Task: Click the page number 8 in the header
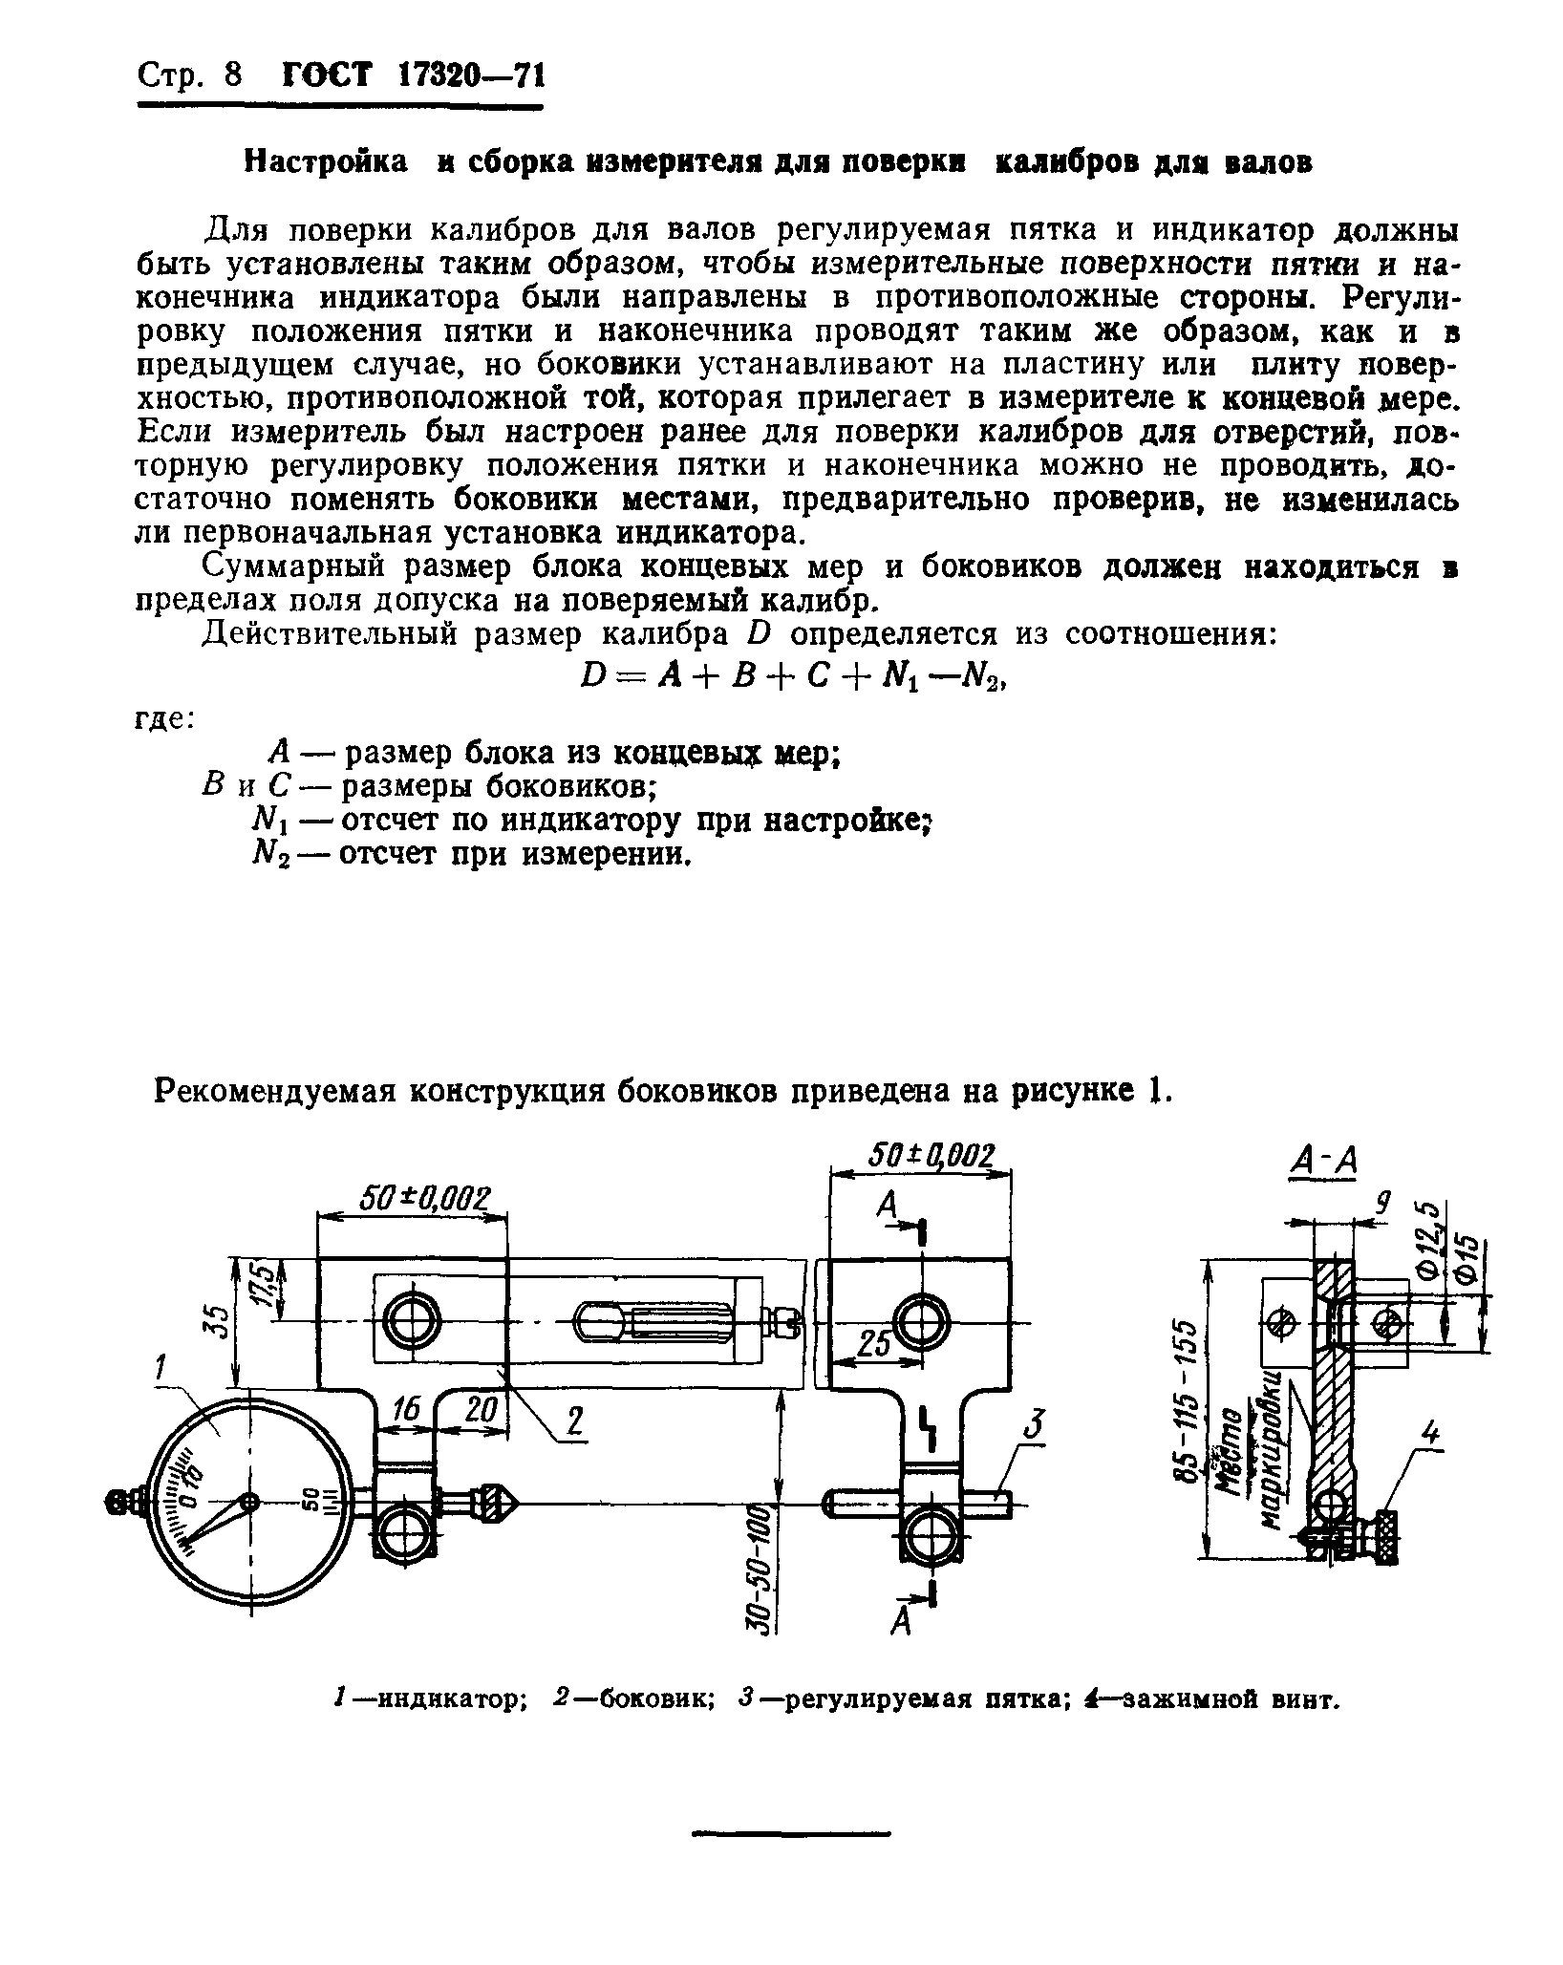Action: click(x=233, y=75)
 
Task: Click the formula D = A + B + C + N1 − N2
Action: click(x=793, y=677)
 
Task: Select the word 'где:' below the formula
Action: click(x=162, y=717)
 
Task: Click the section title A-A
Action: click(x=1323, y=1164)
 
